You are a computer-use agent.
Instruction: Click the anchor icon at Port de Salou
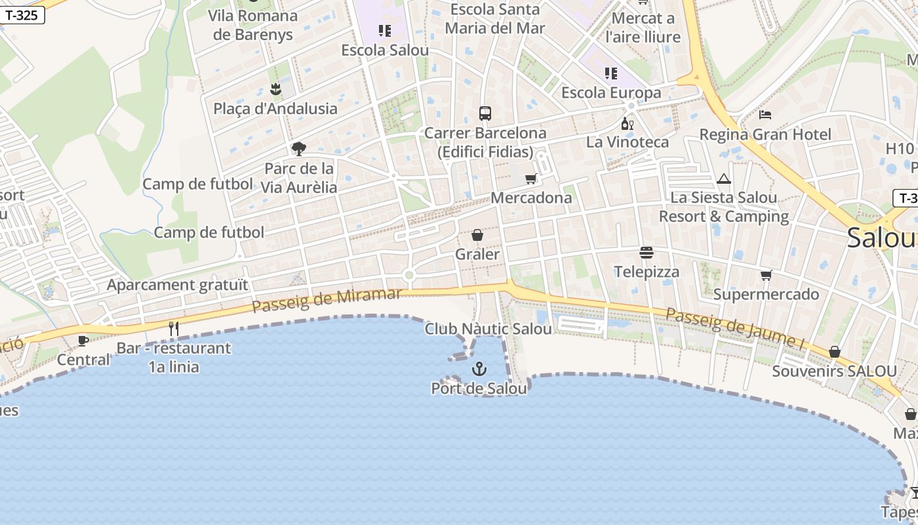(479, 369)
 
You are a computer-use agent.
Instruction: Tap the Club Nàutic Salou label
(488, 329)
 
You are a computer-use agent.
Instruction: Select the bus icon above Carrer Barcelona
(485, 114)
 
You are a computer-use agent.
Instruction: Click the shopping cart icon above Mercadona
(531, 178)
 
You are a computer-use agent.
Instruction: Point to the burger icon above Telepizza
(647, 253)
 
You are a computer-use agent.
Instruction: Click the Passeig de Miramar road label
(326, 300)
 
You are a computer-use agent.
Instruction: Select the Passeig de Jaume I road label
(734, 328)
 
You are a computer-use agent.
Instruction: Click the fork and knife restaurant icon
(174, 329)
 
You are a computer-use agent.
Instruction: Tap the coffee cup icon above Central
(83, 341)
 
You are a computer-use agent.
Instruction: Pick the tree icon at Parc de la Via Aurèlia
(299, 149)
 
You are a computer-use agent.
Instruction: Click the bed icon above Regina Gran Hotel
(765, 115)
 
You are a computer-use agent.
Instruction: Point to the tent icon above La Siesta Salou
(724, 178)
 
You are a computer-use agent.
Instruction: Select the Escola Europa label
(611, 93)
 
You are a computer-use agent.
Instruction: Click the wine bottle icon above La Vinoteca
(628, 123)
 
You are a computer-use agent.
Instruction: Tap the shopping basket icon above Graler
(477, 235)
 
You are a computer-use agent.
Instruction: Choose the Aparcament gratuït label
(178, 285)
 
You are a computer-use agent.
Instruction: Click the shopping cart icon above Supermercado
(766, 275)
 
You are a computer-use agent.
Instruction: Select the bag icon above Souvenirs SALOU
(834, 352)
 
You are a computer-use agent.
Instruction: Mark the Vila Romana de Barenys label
(253, 25)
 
